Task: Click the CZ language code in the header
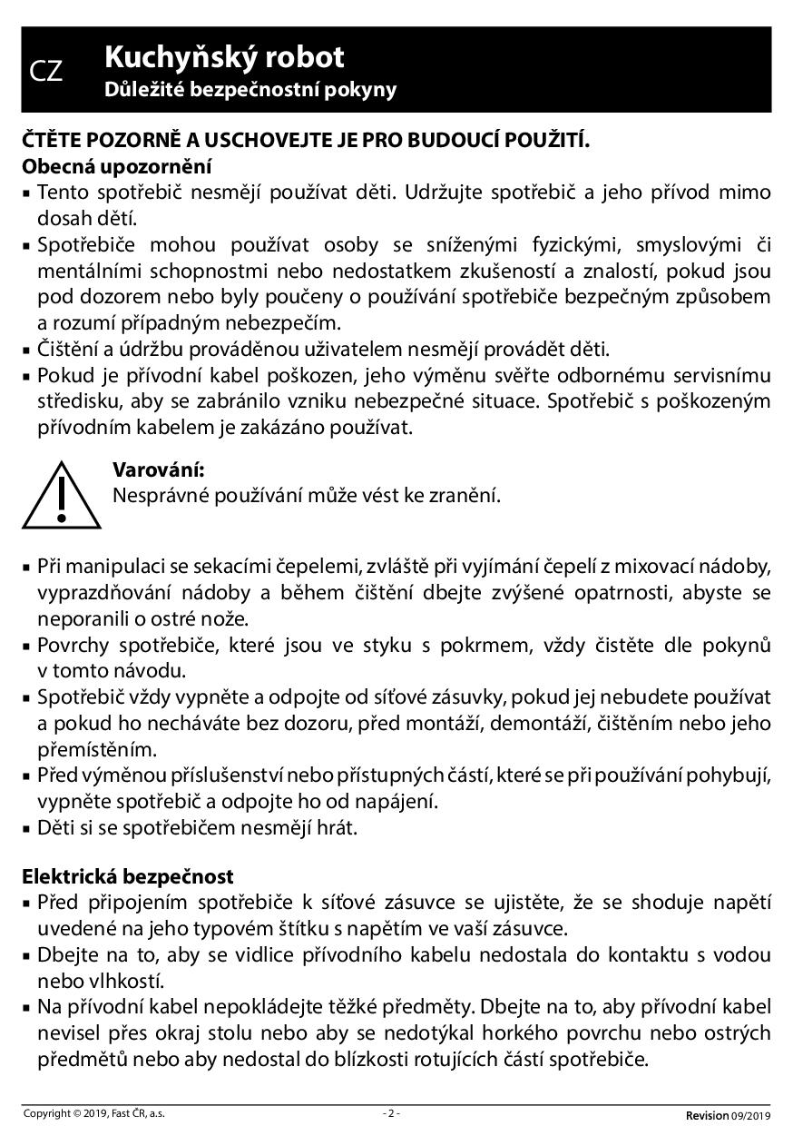point(46,72)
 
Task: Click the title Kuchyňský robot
point(224,57)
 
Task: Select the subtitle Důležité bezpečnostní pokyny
point(250,89)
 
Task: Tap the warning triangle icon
point(61,495)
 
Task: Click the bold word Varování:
point(158,469)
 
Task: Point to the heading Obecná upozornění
point(117,167)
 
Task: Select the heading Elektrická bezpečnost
point(128,876)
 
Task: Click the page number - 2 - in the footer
point(391,1113)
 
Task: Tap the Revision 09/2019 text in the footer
point(728,1115)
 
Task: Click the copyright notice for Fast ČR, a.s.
point(93,1113)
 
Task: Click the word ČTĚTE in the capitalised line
point(51,141)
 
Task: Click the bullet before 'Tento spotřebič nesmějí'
point(27,193)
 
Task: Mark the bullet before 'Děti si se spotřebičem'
point(27,829)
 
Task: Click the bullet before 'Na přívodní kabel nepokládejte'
point(27,1007)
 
